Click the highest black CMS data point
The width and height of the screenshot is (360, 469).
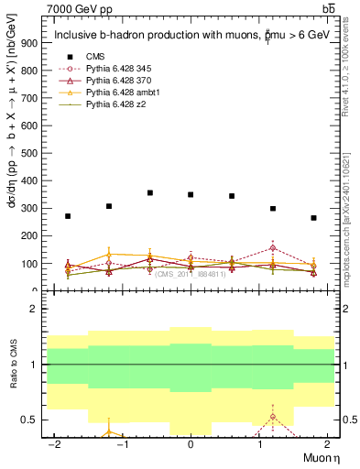point(149,193)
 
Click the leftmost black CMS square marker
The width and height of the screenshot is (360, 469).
point(68,216)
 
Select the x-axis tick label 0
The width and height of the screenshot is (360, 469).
point(191,443)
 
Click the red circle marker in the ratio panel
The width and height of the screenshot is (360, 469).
point(272,417)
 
